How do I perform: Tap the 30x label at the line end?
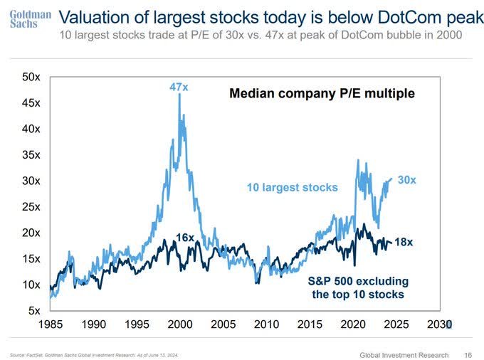click(406, 181)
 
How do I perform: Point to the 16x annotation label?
click(184, 237)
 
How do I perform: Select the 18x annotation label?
click(404, 242)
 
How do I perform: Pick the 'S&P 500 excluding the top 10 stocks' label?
click(359, 287)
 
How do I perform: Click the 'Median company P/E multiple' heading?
click(321, 93)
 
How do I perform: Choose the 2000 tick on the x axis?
click(180, 324)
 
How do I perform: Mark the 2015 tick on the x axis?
click(310, 324)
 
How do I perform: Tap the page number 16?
click(468, 354)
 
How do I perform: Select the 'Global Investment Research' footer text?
click(404, 354)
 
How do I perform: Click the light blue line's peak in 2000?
click(179, 95)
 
